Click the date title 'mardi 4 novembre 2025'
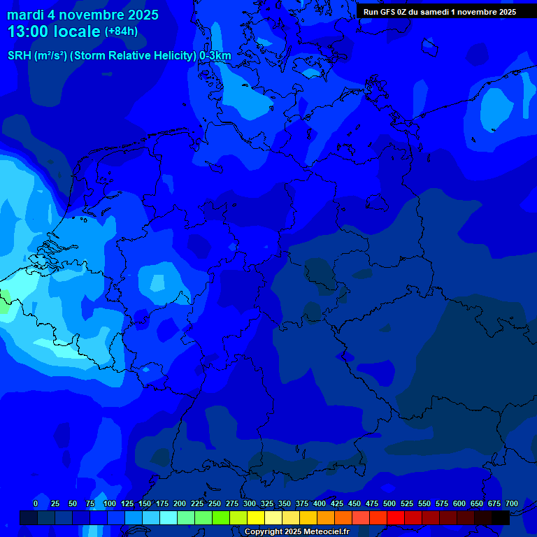83,15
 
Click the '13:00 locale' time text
54,31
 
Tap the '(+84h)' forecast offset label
121,31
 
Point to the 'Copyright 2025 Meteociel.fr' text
296,532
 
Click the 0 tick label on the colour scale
36,503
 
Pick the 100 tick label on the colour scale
110,503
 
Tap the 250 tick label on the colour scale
215,503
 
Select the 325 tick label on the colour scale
267,503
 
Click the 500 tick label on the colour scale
389,503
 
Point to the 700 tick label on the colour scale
512,503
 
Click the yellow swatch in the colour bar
256,517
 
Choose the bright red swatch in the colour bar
396,517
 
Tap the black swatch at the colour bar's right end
501,517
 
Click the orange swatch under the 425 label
326,517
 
